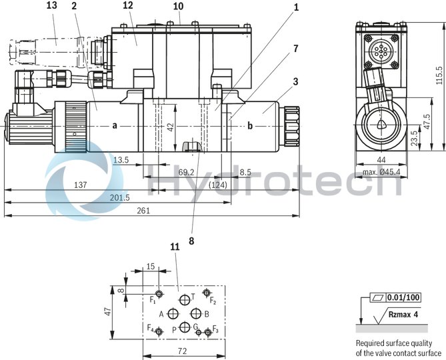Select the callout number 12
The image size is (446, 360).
click(x=128, y=6)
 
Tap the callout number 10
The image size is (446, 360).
click(x=177, y=6)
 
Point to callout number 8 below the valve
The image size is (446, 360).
click(x=192, y=241)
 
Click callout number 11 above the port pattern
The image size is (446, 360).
click(x=175, y=247)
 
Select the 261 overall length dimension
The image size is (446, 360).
click(x=143, y=211)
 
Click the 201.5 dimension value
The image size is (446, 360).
click(x=119, y=197)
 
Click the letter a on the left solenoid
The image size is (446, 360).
click(x=115, y=125)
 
